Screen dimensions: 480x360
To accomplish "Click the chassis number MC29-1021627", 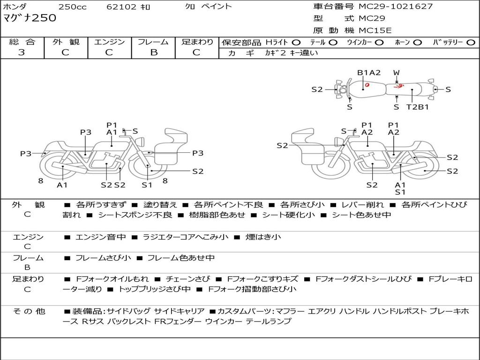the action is pyautogui.click(x=396, y=7).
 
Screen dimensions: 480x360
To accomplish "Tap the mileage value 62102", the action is pyautogui.click(x=121, y=7).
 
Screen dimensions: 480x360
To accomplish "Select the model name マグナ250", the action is pyautogui.click(x=30, y=18).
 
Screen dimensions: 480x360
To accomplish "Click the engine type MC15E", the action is pyautogui.click(x=375, y=31).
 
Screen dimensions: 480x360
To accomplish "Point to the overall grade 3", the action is pyautogui.click(x=22, y=52).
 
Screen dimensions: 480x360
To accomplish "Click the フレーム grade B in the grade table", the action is pyautogui.click(x=153, y=52).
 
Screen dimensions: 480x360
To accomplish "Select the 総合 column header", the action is pyautogui.click(x=22, y=42).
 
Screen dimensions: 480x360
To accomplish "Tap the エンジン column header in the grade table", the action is pyautogui.click(x=109, y=42).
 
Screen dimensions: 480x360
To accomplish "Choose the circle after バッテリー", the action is pyautogui.click(x=471, y=42).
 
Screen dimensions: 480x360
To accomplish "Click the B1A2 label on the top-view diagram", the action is pyautogui.click(x=369, y=73).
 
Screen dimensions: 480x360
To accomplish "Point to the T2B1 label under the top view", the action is pyautogui.click(x=417, y=107).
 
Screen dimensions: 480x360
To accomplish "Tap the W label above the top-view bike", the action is pyautogui.click(x=397, y=73).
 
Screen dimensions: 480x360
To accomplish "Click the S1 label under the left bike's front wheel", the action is pyautogui.click(x=147, y=185).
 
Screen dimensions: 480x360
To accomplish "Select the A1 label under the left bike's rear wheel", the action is pyautogui.click(x=62, y=185).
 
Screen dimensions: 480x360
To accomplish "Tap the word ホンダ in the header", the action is pyautogui.click(x=15, y=7).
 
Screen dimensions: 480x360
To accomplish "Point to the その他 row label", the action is pyautogui.click(x=29, y=311).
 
